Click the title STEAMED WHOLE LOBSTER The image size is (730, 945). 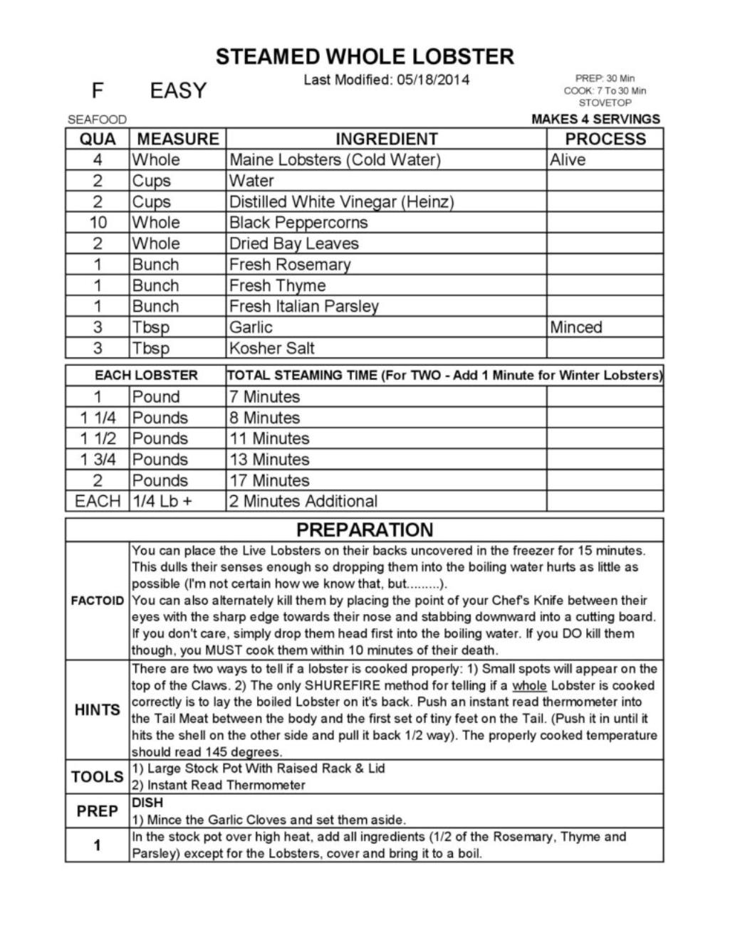[365, 57]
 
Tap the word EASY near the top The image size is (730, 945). [178, 91]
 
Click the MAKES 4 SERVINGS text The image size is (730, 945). [595, 119]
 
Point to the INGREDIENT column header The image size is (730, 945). [386, 139]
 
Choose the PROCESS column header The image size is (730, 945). [605, 139]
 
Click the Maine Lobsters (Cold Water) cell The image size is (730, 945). [335, 159]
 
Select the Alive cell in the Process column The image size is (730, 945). [568, 159]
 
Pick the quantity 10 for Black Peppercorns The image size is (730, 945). [98, 222]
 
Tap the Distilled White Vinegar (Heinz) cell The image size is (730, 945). [341, 201]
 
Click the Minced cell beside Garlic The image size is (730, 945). [575, 327]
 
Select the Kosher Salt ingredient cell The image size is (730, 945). [271, 348]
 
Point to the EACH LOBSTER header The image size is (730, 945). [146, 375]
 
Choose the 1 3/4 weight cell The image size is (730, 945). [98, 459]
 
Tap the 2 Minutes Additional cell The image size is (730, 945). [303, 501]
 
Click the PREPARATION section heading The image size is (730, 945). [365, 530]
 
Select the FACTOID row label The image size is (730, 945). [98, 601]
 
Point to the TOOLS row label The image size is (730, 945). [98, 776]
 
